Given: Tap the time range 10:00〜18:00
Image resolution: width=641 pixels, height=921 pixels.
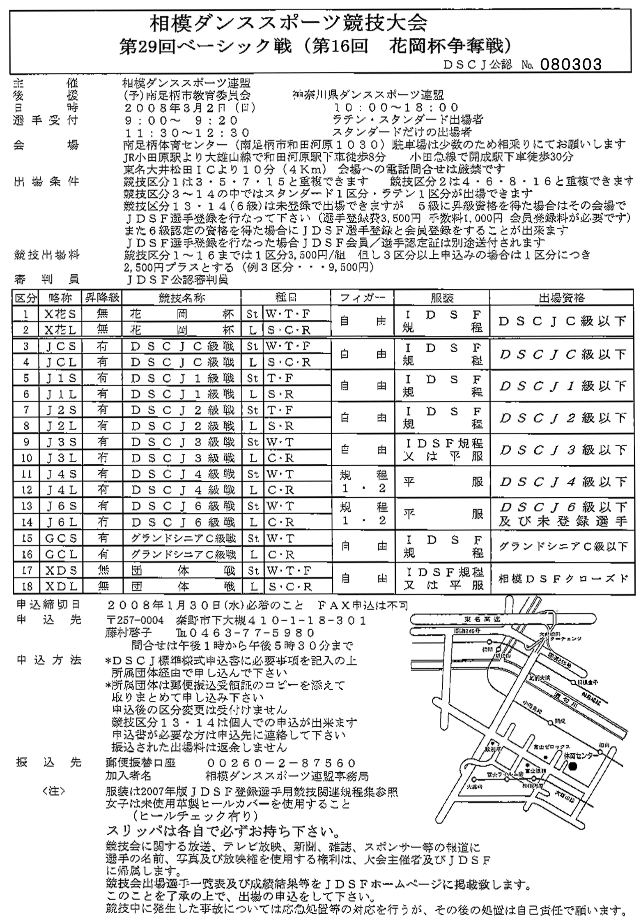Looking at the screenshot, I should tap(396, 108).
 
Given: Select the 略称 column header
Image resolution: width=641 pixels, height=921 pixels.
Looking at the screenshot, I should tap(61, 298).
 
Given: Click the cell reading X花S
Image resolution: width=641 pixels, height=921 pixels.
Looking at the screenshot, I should tap(61, 314).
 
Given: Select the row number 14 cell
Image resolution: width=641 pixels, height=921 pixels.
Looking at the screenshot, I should tap(26, 522).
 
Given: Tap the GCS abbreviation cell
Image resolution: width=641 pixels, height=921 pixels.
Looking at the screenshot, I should tap(61, 538).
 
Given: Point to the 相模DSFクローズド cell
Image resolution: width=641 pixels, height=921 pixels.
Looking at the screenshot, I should tap(563, 579).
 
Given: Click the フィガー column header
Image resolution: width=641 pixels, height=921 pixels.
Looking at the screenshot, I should tap(363, 298).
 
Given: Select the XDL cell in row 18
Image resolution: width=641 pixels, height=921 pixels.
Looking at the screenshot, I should tap(61, 586).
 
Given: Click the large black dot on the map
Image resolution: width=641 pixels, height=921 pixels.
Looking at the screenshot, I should tap(573, 766).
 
